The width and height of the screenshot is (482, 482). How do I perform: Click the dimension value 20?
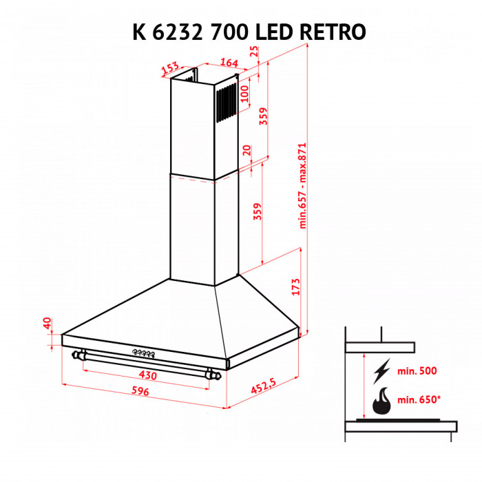point(247,150)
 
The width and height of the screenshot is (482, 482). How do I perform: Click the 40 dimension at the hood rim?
point(48,324)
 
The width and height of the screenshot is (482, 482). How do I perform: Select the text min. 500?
point(417,372)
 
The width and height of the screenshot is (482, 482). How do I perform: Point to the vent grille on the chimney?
point(224,103)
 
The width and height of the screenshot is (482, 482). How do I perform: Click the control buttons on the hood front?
point(143,353)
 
